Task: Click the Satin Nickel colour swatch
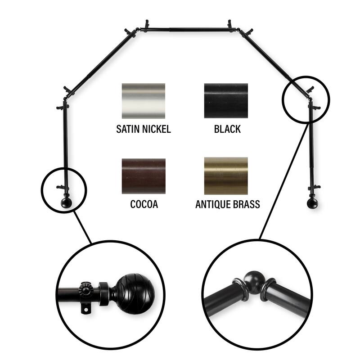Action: (x=143, y=101)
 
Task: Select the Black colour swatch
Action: (x=225, y=101)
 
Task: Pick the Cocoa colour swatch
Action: (x=143, y=176)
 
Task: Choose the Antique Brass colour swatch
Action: (x=225, y=176)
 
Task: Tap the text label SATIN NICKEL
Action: (x=143, y=130)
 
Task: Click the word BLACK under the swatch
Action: (x=227, y=130)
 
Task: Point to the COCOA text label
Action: (x=144, y=205)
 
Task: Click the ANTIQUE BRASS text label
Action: (x=227, y=205)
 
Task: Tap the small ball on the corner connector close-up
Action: (x=255, y=278)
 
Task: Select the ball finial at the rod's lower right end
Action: (x=312, y=203)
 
